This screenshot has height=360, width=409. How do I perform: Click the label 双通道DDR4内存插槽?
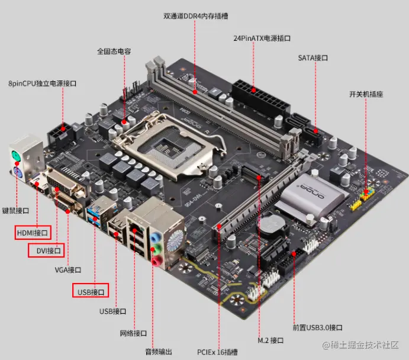(x=196, y=16)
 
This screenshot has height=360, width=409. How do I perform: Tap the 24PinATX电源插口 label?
(x=262, y=38)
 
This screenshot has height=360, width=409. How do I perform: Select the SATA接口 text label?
(x=313, y=57)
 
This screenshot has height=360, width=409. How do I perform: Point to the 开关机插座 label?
(x=366, y=94)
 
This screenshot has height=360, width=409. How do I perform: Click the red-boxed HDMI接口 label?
(x=33, y=233)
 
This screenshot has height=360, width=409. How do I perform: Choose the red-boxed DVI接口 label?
(x=46, y=250)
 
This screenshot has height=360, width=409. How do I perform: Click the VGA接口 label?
(x=68, y=270)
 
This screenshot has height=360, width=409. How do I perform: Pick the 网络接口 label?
(x=133, y=333)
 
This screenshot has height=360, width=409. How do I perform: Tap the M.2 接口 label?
(x=270, y=340)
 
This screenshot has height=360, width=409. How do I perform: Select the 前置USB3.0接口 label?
(x=317, y=327)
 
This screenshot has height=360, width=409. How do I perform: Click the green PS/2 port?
(x=16, y=157)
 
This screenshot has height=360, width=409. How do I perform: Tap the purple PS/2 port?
(x=17, y=172)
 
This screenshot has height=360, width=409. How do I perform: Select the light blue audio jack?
(x=155, y=237)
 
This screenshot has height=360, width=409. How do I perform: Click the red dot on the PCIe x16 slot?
(x=220, y=226)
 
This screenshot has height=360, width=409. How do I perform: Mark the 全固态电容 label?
(x=114, y=51)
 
